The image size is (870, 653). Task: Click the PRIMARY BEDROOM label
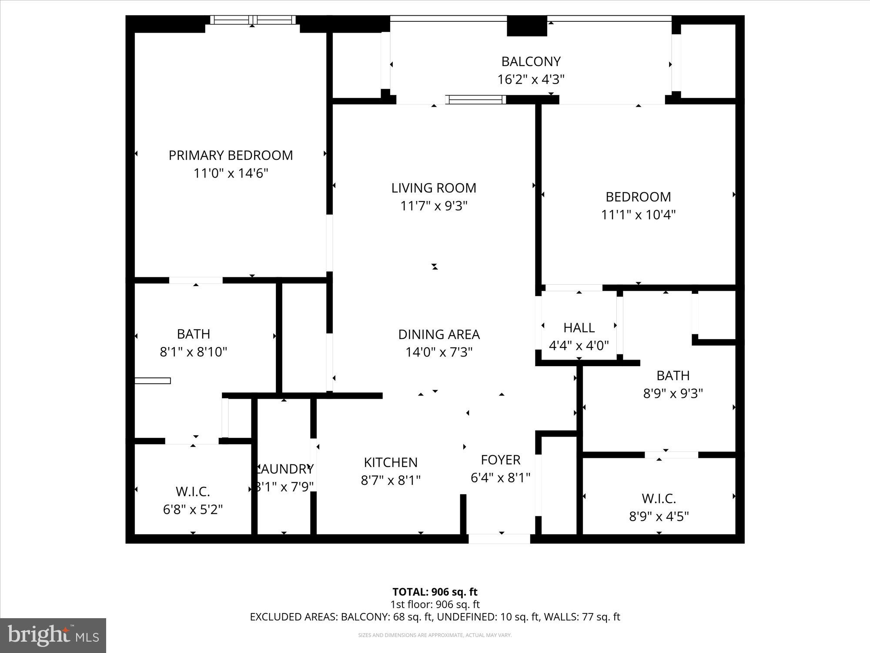[x=231, y=155]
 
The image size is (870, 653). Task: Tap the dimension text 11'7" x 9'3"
[x=434, y=206]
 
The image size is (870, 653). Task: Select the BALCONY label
[x=531, y=61]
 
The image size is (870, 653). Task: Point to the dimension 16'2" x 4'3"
[x=531, y=80]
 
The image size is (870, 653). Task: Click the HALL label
[x=579, y=327]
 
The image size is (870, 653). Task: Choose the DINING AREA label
[x=439, y=334]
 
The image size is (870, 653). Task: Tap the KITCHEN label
[x=391, y=462]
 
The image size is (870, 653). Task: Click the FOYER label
[x=500, y=460]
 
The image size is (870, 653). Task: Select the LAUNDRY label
[x=284, y=469]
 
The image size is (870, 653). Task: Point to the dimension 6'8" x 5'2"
[x=193, y=509]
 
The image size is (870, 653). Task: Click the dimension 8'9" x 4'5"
[x=659, y=517]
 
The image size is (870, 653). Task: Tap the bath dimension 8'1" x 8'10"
[x=193, y=352]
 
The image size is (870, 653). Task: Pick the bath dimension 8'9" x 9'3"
[x=673, y=394]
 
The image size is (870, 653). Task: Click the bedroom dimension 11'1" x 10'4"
[x=638, y=215]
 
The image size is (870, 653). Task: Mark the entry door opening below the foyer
[x=499, y=539]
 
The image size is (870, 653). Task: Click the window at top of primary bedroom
[x=253, y=20]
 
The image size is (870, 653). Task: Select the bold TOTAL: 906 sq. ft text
[x=435, y=592]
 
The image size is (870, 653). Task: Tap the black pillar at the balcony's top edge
[x=527, y=26]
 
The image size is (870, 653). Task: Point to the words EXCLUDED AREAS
[x=293, y=617]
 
